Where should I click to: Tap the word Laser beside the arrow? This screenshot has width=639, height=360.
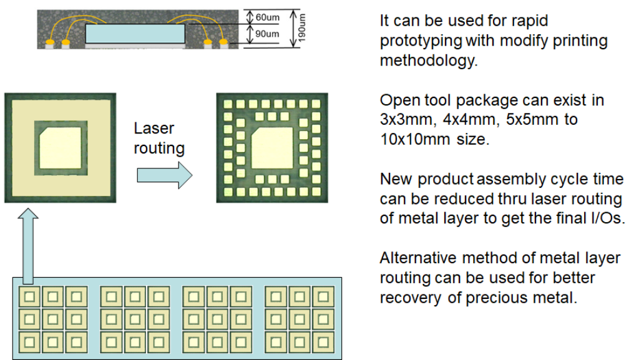point(154,129)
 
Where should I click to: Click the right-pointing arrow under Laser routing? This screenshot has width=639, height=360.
point(164,175)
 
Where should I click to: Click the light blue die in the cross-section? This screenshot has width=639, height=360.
point(135,34)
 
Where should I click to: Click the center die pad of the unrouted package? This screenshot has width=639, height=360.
point(59,148)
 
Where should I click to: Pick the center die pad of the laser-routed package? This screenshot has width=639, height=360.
point(270,148)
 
